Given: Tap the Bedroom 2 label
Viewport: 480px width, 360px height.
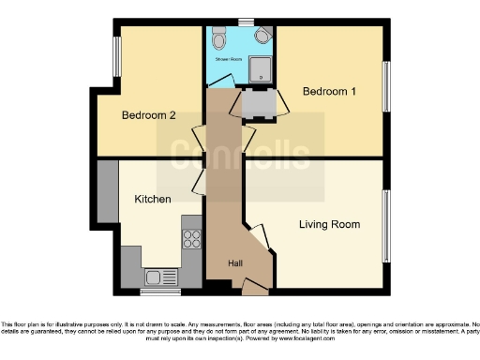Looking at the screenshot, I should click(148, 115).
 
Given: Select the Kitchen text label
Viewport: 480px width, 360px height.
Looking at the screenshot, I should click(152, 200).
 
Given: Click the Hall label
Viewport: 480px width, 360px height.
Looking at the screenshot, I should click(236, 263).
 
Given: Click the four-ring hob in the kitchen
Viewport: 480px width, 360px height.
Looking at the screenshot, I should click(192, 239).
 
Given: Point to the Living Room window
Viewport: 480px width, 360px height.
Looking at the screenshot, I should click(385, 225).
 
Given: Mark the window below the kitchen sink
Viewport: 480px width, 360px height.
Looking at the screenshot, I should click(156, 291).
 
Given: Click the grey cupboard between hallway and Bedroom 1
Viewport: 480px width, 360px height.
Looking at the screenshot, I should click(261, 105).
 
